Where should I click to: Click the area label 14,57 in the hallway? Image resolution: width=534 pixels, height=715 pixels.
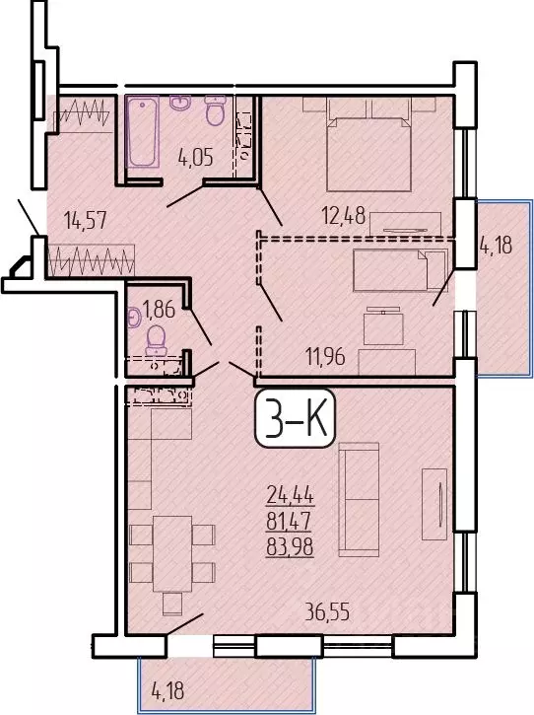click(84, 221)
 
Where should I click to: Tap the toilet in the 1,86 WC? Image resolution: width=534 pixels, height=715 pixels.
click(155, 340)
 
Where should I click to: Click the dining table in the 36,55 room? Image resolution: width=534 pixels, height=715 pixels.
click(172, 552)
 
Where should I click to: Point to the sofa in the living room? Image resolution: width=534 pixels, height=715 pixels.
click(358, 498)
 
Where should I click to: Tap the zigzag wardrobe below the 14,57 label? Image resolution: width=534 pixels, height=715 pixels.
click(91, 263)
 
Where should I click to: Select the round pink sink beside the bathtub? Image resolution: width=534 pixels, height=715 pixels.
click(180, 103)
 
